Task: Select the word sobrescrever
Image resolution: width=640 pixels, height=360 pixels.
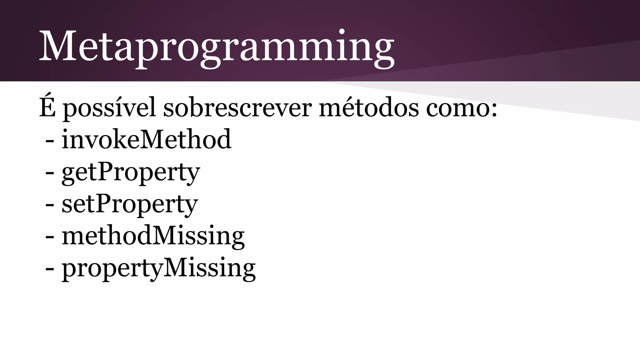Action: [x=237, y=108]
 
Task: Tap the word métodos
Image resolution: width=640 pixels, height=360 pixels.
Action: [x=369, y=108]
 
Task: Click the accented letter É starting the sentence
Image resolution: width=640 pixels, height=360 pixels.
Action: [x=47, y=106]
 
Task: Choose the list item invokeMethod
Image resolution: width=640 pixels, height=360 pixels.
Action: [x=147, y=139]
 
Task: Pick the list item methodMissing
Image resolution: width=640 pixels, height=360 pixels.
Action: [x=153, y=236]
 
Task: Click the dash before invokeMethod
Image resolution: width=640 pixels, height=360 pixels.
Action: [x=49, y=141]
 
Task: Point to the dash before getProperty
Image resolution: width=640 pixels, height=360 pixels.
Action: [x=49, y=173]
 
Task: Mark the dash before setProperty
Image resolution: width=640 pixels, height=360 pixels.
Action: [x=49, y=206]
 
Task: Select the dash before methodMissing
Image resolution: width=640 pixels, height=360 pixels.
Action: [x=49, y=238]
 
